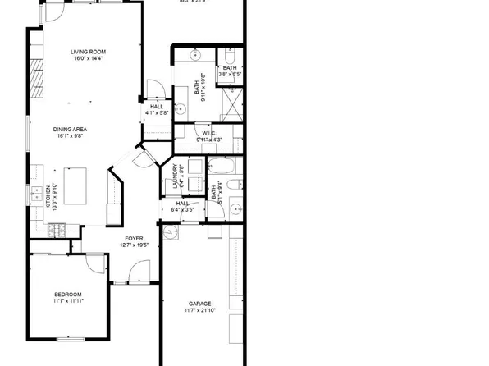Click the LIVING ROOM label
(90, 51)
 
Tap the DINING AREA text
(71, 129)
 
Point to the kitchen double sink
(37, 194)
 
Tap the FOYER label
(133, 238)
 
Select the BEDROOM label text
(68, 294)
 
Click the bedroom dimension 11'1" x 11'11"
(68, 301)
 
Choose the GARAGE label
(199, 304)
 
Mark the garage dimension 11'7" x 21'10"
(199, 311)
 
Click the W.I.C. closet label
(208, 133)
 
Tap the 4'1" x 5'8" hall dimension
(156, 112)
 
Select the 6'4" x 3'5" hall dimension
(182, 210)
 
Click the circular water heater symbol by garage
(171, 233)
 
